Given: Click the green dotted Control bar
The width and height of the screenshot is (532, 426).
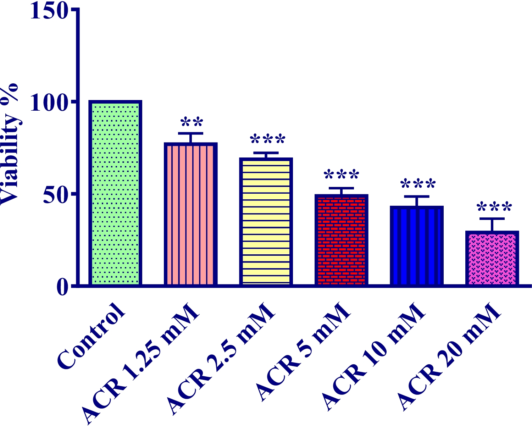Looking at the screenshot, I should pyautogui.click(x=115, y=193).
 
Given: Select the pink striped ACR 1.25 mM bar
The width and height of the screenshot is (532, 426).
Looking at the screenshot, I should pyautogui.click(x=190, y=214).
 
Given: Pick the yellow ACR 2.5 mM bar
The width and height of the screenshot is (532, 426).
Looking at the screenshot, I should pyautogui.click(x=266, y=221).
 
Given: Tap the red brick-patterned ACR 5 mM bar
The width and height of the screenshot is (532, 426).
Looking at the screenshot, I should pyautogui.click(x=341, y=240).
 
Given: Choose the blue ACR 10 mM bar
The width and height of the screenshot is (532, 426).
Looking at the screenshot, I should pyautogui.click(x=417, y=245).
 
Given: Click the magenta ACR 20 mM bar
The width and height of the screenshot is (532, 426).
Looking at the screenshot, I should pyautogui.click(x=492, y=258).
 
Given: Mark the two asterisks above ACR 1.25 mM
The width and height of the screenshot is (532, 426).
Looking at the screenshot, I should pyautogui.click(x=192, y=123).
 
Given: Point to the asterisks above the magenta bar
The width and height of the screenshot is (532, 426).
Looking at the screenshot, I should pyautogui.click(x=494, y=207).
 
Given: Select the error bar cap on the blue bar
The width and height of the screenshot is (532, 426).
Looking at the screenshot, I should pyautogui.click(x=417, y=196).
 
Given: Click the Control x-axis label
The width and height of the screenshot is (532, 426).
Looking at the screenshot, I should pyautogui.click(x=92, y=335).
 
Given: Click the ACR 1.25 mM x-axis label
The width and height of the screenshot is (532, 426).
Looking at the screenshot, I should pyautogui.click(x=140, y=364).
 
